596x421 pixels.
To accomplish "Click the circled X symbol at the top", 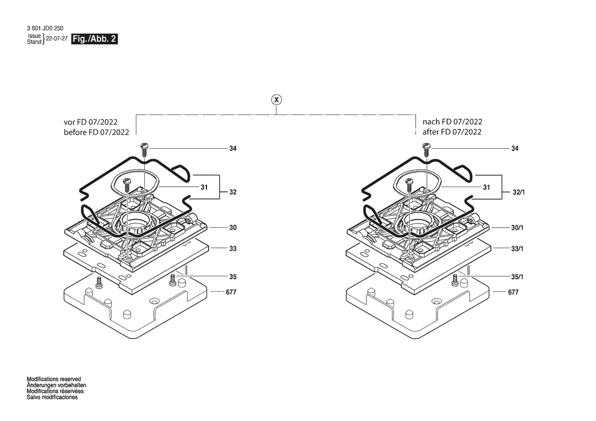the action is (x=276, y=100).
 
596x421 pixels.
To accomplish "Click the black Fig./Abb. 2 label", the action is (x=94, y=39).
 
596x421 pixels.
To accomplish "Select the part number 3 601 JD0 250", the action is (x=45, y=28).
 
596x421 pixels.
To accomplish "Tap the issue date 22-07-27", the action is (x=57, y=39).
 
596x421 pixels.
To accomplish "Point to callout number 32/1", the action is (x=519, y=192).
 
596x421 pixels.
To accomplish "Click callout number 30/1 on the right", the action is (x=517, y=228).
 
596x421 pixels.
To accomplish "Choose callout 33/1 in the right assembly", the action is (x=517, y=249).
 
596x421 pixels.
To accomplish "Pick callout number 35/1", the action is (x=517, y=277).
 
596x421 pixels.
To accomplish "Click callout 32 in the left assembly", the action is (x=232, y=192).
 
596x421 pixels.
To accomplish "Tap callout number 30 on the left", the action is (x=232, y=228).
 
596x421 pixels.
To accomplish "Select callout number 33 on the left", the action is (x=232, y=249).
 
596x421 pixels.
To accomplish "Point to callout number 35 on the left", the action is (x=232, y=277).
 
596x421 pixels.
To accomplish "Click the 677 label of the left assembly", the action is (x=231, y=292).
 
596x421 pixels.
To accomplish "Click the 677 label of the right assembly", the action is (x=513, y=292).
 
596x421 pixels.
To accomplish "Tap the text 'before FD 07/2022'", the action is (x=96, y=132).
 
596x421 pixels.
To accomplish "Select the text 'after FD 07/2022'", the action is (x=452, y=132).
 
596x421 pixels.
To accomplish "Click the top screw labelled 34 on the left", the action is (x=144, y=149).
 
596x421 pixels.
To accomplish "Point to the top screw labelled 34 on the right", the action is (x=426, y=149).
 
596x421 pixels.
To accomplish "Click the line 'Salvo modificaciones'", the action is (x=52, y=397).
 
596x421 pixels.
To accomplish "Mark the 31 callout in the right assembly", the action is (x=486, y=188).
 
